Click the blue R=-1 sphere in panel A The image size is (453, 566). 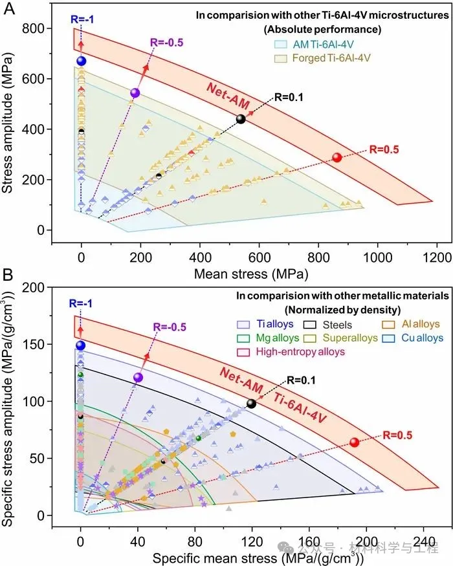tap(81, 61)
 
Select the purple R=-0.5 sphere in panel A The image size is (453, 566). tap(135, 93)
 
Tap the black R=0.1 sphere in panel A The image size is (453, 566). tap(241, 119)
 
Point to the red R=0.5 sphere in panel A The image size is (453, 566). tap(337, 157)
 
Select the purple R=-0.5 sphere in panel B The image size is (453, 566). tap(137, 377)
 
